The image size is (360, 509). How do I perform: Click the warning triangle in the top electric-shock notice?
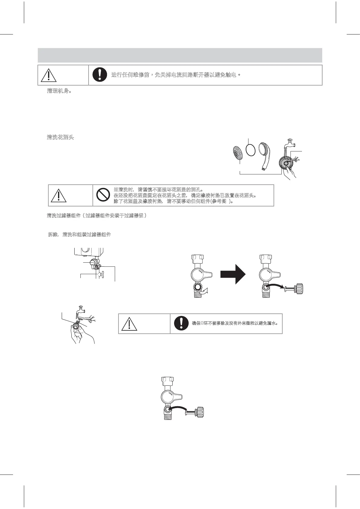tap(48, 75)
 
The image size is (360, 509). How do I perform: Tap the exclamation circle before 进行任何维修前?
tap(99, 75)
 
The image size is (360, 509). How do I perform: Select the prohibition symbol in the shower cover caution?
tap(103, 196)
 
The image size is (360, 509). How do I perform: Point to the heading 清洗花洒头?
tap(60, 137)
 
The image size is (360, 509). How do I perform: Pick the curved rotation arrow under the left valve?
tap(206, 291)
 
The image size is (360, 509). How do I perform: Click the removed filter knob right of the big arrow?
tap(295, 288)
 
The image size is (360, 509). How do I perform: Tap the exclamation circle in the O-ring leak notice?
tap(181, 323)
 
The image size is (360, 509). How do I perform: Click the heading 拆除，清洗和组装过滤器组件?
tap(79, 235)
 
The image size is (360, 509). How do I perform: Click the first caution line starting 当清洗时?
tap(158, 190)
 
